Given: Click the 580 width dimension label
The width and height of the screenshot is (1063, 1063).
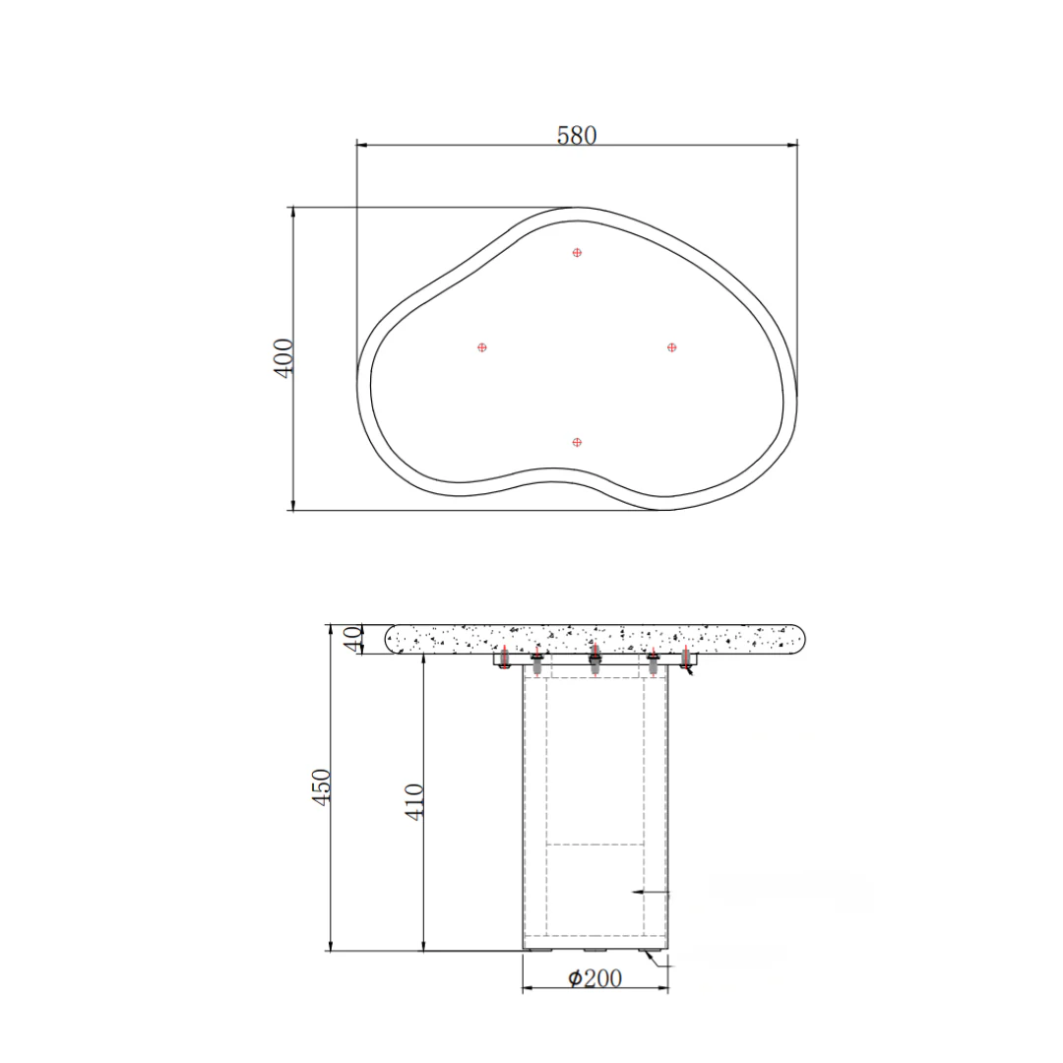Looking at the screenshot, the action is point(577,136).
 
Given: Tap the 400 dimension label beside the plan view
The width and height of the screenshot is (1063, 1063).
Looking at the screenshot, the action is point(283,358).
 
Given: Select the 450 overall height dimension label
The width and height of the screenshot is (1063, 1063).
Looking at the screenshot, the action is point(321,787).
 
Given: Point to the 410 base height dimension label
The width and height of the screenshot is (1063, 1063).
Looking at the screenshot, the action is point(414,802).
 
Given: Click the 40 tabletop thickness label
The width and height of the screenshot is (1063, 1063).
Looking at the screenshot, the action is point(352,639).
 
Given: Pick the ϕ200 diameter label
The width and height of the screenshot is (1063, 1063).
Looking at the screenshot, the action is point(594,977).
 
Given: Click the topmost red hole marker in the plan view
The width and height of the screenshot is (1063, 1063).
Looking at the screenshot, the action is point(577,252).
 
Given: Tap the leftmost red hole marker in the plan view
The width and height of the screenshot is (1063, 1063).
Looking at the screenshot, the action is point(482,347).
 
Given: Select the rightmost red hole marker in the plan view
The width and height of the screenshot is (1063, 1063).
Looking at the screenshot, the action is point(672,347).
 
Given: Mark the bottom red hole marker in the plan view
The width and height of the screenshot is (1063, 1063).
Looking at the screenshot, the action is point(577,442).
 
